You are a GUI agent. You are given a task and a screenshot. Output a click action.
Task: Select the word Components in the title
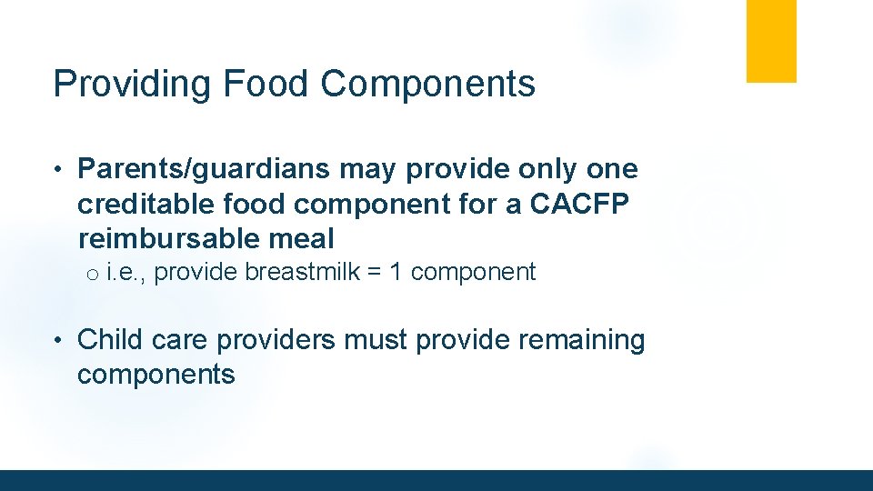tap(427, 85)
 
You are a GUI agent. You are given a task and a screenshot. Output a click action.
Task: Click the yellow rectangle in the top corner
tap(771, 41)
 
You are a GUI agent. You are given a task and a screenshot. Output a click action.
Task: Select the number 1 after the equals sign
tap(396, 272)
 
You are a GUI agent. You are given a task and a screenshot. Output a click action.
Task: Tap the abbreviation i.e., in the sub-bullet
tap(126, 272)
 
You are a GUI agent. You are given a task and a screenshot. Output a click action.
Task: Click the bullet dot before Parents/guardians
tap(57, 170)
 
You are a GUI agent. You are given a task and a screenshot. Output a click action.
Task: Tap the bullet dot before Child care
tap(57, 341)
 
